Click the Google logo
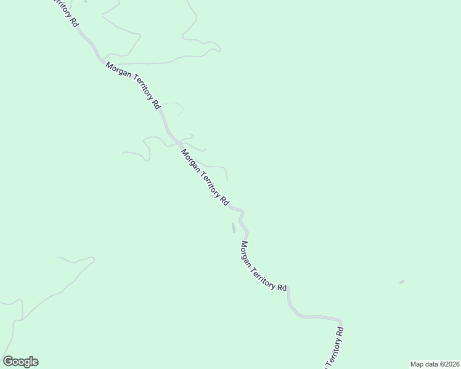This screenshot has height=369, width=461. coord(20,362)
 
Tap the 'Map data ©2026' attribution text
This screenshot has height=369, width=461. coord(434,363)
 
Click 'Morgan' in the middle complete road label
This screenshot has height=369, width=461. coord(190,161)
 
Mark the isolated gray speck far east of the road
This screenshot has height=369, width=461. coord(401,282)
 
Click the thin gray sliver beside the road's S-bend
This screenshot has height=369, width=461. coord(233,228)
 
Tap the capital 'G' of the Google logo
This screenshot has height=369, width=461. coord(8,362)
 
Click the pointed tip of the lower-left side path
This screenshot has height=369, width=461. coord(94,259)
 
